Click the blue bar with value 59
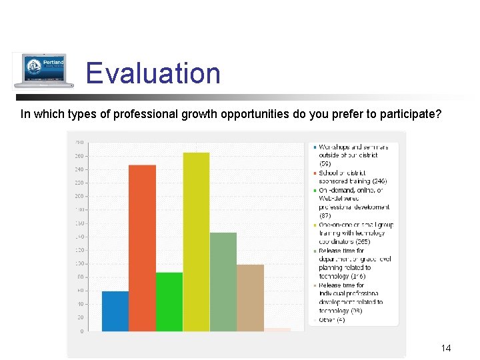[115, 311]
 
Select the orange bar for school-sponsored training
[142, 248]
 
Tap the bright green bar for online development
[169, 301]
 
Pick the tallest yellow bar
[196, 242]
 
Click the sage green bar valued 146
[223, 281]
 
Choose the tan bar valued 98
[250, 297]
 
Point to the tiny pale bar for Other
[277, 329]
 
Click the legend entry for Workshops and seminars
[348, 155]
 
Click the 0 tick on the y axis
[81, 331]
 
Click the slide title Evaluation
[153, 73]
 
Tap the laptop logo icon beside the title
[40, 70]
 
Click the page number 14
[446, 348]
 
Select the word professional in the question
[148, 114]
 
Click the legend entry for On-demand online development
[353, 198]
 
